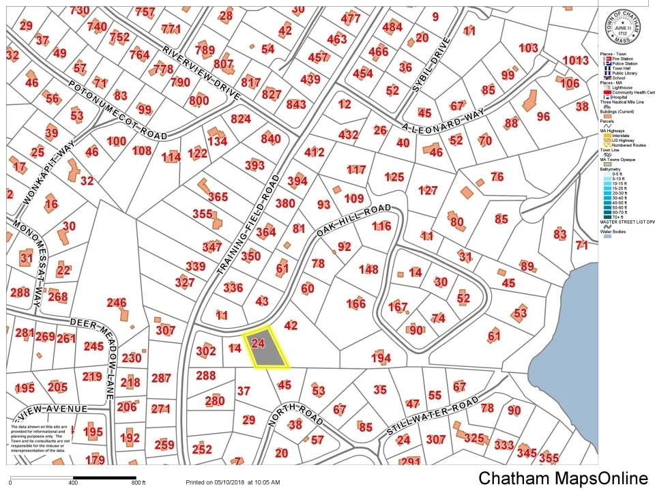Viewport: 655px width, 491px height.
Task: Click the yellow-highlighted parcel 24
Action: coord(268,349)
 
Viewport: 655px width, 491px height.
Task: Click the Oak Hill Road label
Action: coord(354,220)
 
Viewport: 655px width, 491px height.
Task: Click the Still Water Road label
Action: coord(432,416)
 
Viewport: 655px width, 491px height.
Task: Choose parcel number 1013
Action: coord(575,60)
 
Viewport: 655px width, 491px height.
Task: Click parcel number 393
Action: coord(254,165)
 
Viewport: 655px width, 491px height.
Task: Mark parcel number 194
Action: coord(381,358)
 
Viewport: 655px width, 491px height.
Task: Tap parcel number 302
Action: coord(205,351)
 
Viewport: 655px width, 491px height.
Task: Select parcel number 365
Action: coord(218,197)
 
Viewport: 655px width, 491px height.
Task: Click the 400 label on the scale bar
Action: coord(73,483)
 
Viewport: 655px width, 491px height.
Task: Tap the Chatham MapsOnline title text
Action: coord(563,478)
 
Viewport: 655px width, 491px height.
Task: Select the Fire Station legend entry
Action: coord(621,59)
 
